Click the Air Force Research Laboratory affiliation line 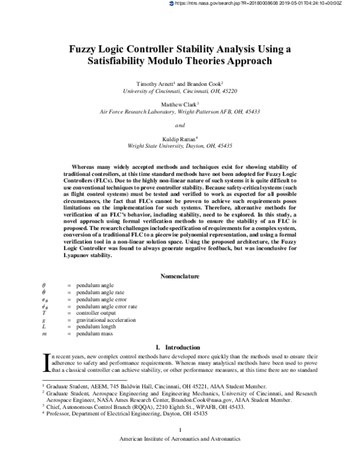click(x=180, y=111)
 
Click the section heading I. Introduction click(x=180, y=346)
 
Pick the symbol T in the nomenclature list click(x=43, y=313)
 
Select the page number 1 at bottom click(x=180, y=446)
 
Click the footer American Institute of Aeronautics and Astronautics click(x=180, y=456)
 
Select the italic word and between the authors click(x=179, y=125)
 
